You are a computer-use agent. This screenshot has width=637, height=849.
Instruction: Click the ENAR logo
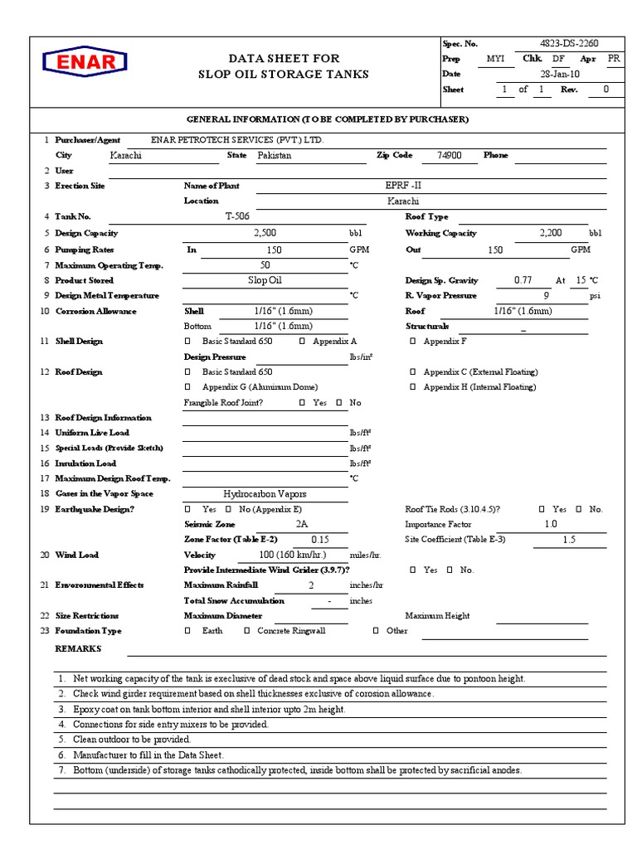click(85, 62)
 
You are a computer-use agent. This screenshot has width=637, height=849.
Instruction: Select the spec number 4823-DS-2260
click(568, 43)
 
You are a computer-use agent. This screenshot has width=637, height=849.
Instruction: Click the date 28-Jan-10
click(561, 74)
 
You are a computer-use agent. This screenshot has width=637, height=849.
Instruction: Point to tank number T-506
click(238, 216)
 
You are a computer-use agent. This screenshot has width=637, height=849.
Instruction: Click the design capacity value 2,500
click(265, 233)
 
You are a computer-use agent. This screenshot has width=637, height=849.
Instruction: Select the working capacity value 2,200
click(551, 233)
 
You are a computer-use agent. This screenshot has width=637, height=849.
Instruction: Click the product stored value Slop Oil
click(265, 280)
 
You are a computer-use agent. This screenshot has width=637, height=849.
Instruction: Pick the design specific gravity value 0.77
click(523, 280)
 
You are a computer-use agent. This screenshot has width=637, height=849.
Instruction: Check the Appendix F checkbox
click(413, 341)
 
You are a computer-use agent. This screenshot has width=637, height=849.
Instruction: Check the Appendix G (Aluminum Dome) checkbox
click(187, 387)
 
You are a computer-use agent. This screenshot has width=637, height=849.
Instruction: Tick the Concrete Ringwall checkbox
click(247, 631)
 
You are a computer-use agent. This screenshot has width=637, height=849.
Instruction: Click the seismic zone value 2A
click(301, 524)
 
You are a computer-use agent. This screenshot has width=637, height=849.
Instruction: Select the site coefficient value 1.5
click(568, 539)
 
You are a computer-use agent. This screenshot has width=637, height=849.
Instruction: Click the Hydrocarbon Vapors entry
click(265, 493)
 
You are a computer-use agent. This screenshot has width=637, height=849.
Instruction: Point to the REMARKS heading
click(78, 648)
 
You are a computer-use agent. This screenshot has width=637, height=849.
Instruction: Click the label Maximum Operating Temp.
click(109, 265)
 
